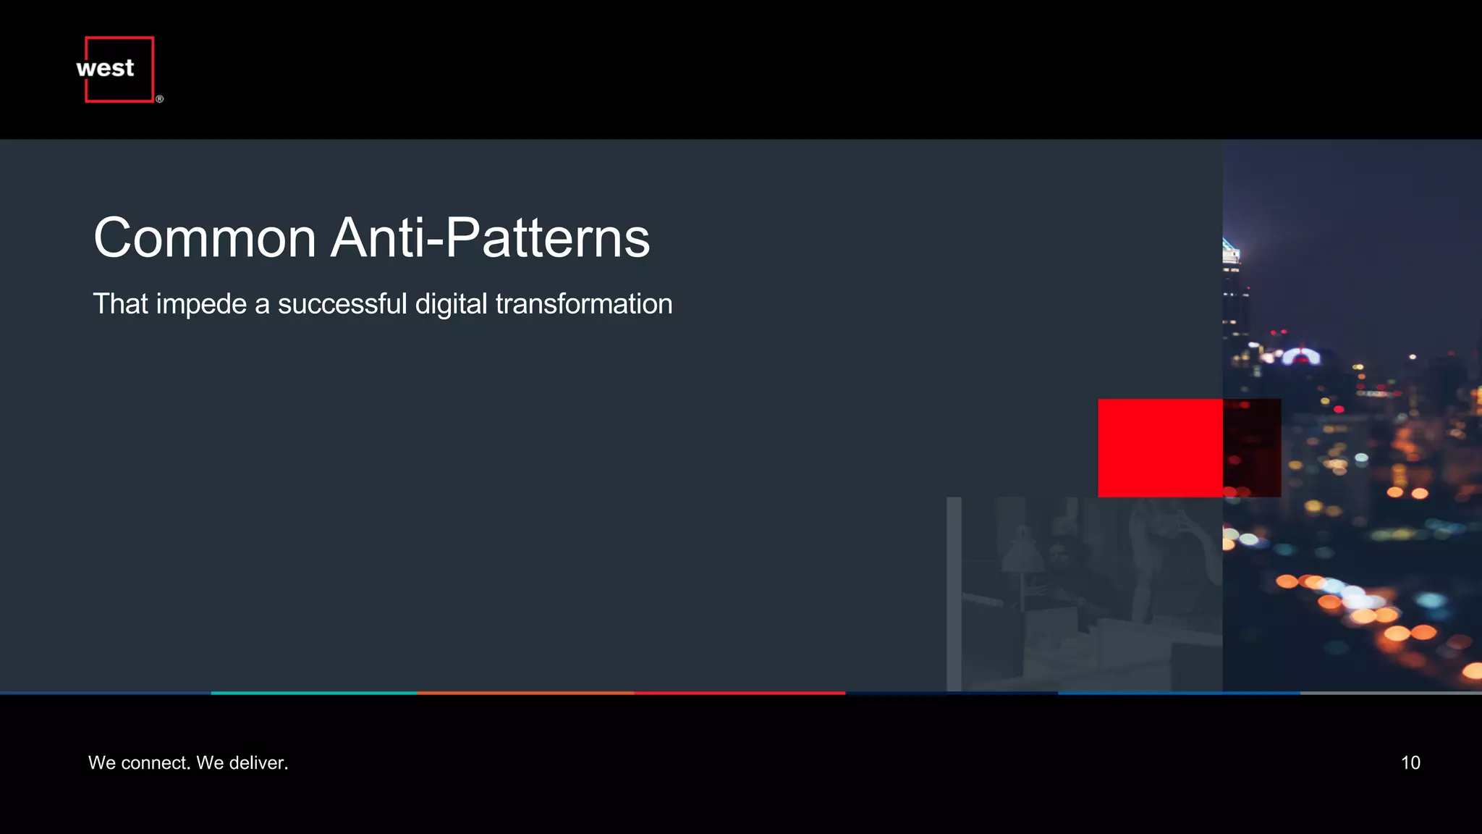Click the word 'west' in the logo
click(x=105, y=68)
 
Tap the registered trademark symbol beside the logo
click(x=159, y=99)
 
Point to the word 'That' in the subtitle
click(x=120, y=304)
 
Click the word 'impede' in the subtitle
click(x=201, y=305)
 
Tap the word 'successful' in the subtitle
click(x=342, y=304)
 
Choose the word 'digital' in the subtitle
click(x=451, y=305)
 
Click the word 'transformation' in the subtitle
click(x=584, y=304)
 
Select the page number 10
click(x=1410, y=763)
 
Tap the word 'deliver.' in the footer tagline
click(x=258, y=763)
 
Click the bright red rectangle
click(x=1160, y=447)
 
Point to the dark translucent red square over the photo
click(x=1252, y=447)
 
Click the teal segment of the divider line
click(x=313, y=693)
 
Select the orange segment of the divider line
click(x=525, y=693)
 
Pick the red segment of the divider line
click(x=740, y=693)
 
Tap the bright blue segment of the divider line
click(x=1179, y=693)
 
